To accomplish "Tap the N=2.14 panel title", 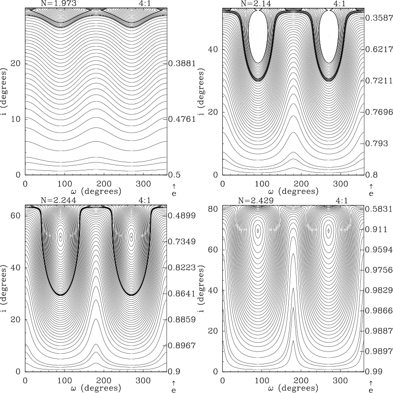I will [x=257, y=4].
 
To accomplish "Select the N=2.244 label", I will [x=58, y=201].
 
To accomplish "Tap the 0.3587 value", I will [x=379, y=18].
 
